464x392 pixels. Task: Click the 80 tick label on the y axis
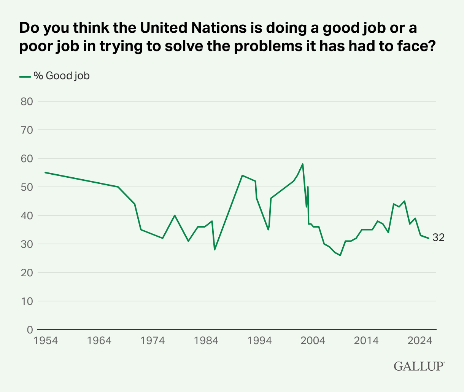pos(27,102)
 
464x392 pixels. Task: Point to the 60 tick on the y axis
pos(27,159)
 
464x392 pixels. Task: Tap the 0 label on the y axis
pos(30,330)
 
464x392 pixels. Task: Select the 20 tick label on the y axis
pos(27,273)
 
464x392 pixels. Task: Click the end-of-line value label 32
pos(439,237)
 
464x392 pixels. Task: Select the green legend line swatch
pos(25,77)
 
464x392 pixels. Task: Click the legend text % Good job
pos(62,76)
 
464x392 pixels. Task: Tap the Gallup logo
pos(419,366)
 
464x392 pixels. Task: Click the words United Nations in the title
pos(193,28)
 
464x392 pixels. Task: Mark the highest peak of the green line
pos(302,164)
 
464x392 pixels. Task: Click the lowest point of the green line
pos(340,255)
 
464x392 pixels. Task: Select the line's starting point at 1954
pos(45,172)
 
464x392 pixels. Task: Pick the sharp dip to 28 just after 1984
pos(215,250)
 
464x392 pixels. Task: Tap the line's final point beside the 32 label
pos(429,238)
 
